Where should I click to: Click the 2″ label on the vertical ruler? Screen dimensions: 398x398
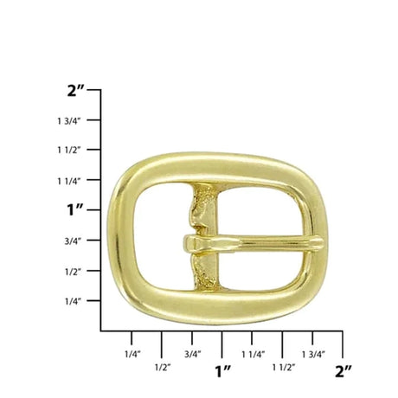coord(75,91)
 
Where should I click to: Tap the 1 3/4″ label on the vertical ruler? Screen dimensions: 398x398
coord(68,121)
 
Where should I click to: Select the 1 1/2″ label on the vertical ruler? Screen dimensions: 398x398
coord(68,151)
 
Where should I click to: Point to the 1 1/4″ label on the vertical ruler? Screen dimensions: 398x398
coord(68,181)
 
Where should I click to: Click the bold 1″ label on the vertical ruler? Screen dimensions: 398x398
coord(75,209)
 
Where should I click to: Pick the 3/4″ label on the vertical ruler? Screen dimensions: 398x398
coord(72,241)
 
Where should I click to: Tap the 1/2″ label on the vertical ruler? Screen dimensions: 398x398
coord(72,272)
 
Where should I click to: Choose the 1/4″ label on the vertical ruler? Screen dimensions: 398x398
coord(72,301)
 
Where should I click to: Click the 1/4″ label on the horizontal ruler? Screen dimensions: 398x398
coord(132,354)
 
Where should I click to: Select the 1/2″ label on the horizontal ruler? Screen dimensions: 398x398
coord(163,367)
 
